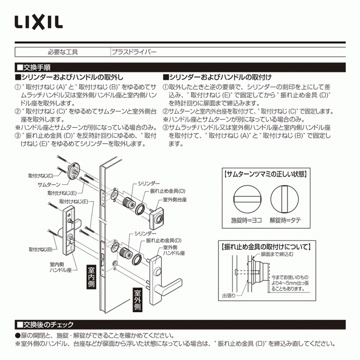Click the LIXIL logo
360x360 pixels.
pos(38,21)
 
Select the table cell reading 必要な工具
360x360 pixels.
pos(62,52)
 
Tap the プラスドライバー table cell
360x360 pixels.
pos(134,52)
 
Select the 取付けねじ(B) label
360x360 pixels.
pos(39,249)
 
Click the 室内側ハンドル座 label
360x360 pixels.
pos(60,267)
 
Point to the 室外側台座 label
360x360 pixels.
pos(175,199)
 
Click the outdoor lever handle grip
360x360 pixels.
pos(174,284)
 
